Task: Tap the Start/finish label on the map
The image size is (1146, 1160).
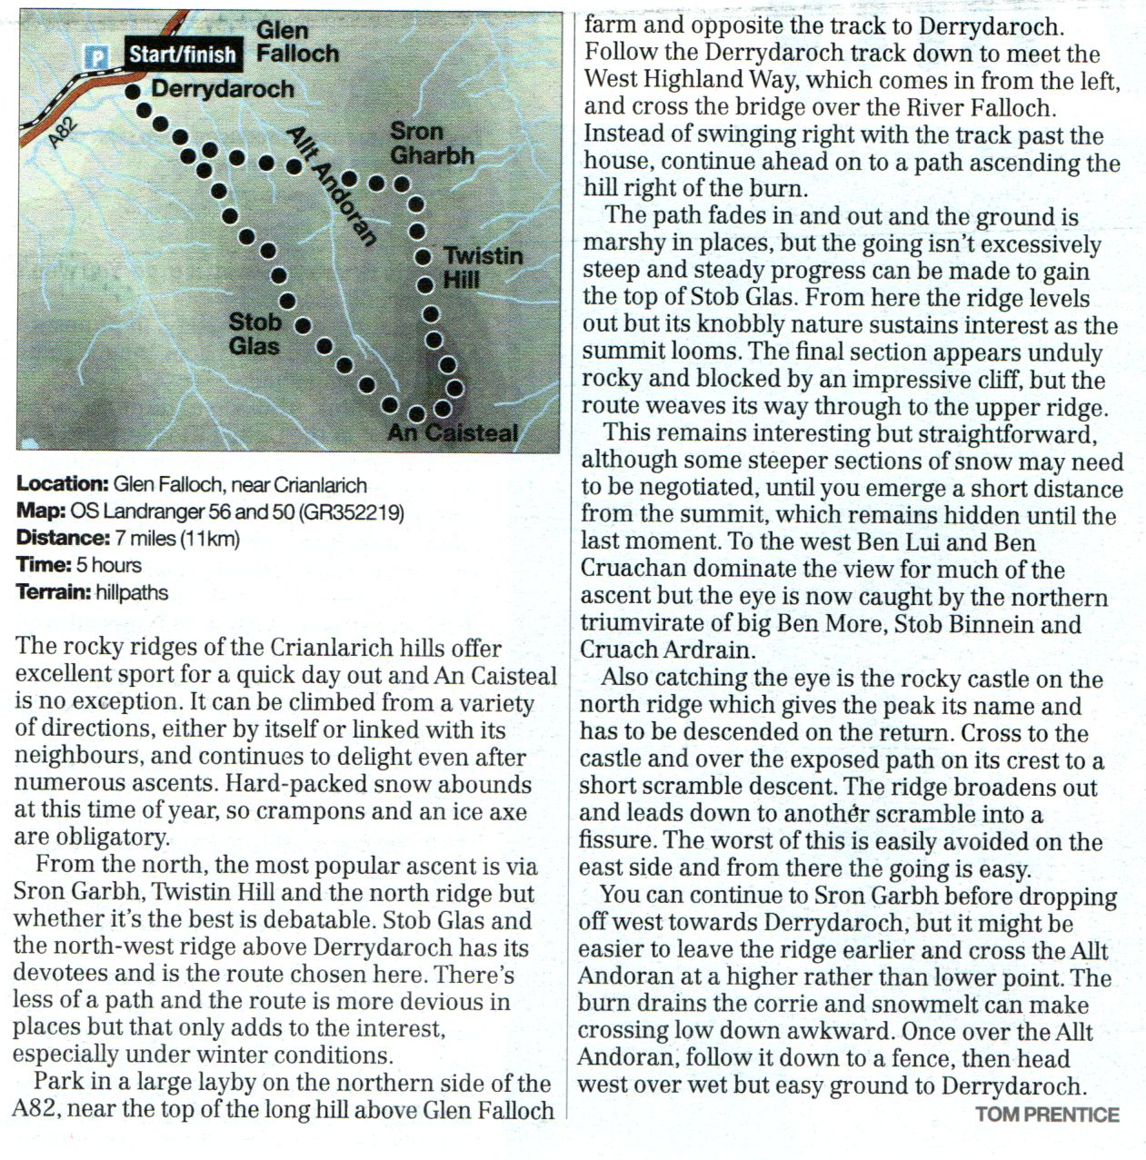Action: (182, 55)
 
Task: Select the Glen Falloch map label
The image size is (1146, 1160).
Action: (296, 42)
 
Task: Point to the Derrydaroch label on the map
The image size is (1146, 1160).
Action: (223, 89)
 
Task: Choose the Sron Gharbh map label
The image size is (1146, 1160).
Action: (432, 144)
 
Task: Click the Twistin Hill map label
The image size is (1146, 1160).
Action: (483, 267)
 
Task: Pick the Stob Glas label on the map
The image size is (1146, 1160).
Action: (254, 333)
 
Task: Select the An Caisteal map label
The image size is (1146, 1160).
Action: (453, 432)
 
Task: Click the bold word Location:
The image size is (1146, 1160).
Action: (62, 484)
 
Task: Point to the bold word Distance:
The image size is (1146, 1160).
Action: (62, 538)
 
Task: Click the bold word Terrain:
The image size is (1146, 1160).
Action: (54, 592)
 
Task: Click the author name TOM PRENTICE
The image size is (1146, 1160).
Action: (1047, 1115)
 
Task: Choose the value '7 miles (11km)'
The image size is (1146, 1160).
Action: (178, 538)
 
